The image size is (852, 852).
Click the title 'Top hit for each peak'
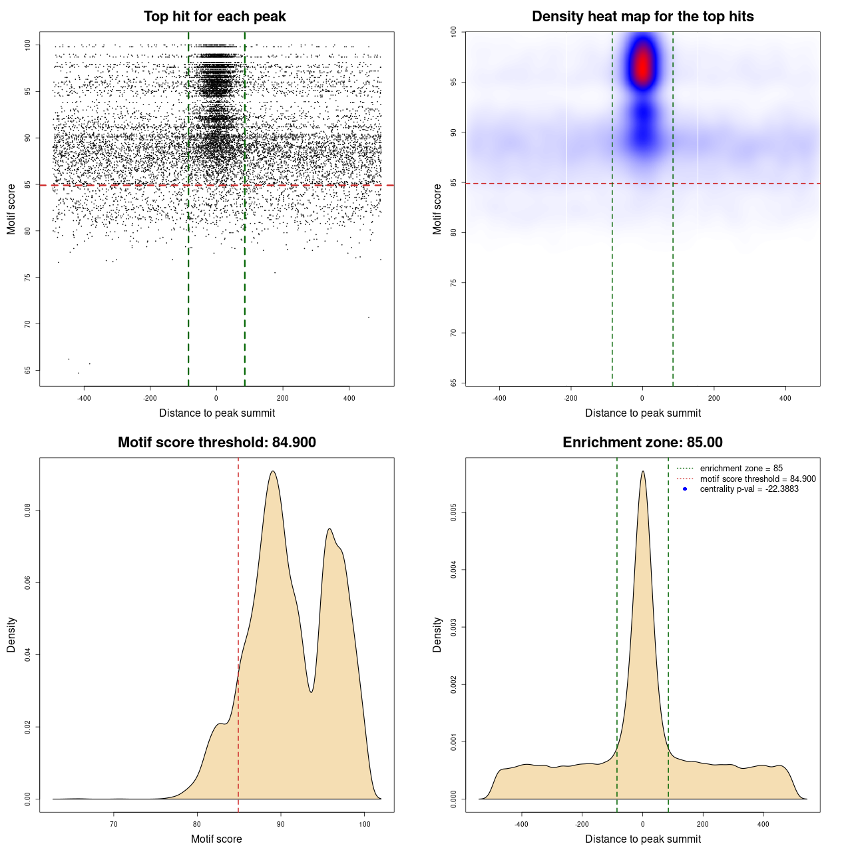214,17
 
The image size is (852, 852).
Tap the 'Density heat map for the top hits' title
642,17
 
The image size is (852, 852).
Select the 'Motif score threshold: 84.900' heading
216,443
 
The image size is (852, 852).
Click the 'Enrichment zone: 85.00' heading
642,443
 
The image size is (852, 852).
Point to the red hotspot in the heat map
642,67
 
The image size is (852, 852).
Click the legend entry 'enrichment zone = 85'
741,469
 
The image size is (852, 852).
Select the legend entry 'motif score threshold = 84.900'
757,479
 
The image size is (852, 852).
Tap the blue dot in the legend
685,489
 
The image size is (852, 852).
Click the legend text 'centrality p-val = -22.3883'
749,489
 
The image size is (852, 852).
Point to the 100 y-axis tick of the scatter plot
28,45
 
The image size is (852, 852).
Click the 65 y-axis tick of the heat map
453,383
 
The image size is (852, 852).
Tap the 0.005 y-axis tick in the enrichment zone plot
453,513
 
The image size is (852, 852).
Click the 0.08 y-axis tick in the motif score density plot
28,511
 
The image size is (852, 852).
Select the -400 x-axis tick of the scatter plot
84,398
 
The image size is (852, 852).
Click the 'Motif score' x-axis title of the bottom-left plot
216,839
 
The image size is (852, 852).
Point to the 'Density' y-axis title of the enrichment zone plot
437,634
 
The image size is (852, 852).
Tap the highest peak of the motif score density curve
273,471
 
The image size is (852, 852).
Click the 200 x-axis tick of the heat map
714,398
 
